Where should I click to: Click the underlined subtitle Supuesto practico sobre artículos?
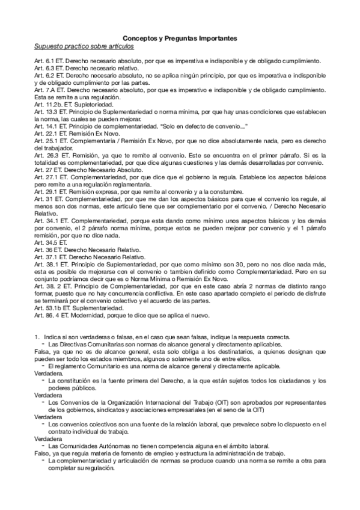[x=84, y=46]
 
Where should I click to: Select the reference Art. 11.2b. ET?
[x=55, y=104]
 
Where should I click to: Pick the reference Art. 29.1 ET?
[x=53, y=190]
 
